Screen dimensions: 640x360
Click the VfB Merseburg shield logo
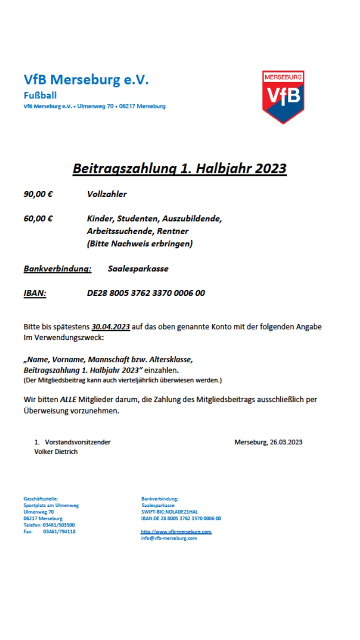[283, 96]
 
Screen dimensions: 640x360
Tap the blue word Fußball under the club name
[40, 95]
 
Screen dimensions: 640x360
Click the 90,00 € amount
[38, 194]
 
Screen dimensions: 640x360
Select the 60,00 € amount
[38, 218]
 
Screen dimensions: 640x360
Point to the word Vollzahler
[106, 194]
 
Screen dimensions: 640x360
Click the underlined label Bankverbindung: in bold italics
[57, 269]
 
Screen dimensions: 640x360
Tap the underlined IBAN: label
[35, 293]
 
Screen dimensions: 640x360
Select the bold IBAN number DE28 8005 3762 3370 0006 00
[145, 293]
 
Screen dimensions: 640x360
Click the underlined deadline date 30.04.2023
[110, 327]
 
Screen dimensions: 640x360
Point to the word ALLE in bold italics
[69, 399]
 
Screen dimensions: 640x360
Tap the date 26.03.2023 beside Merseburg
[286, 442]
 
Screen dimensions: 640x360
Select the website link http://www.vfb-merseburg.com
[176, 532]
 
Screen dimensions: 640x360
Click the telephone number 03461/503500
[59, 525]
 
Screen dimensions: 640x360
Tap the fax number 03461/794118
[59, 531]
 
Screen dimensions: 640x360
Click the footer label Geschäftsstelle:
[41, 498]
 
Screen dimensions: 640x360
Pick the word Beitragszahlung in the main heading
[123, 168]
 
